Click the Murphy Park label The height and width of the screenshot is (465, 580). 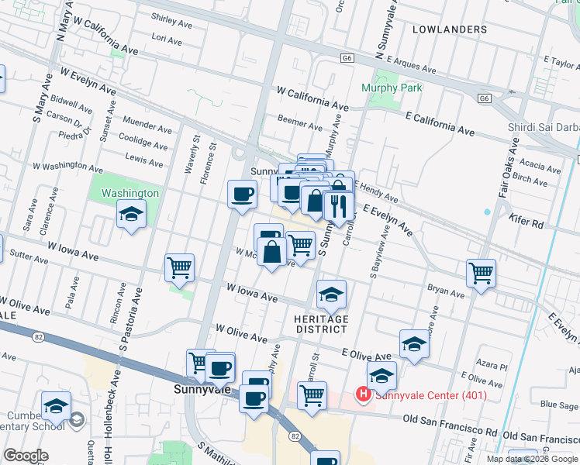[392, 88]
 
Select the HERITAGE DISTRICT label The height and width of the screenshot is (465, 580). [320, 324]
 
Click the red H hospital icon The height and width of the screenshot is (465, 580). [362, 394]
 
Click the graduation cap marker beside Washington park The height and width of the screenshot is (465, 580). [131, 213]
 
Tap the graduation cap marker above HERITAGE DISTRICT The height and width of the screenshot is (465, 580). [331, 294]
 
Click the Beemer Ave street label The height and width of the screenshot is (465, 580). [300, 126]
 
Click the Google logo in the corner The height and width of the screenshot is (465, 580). [26, 456]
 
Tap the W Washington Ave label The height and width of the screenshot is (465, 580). [67, 166]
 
